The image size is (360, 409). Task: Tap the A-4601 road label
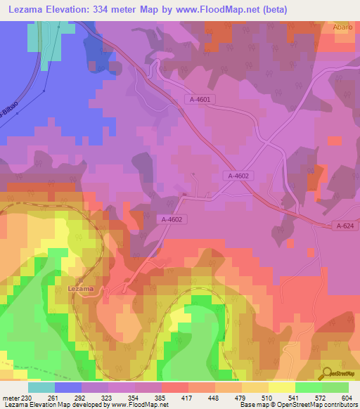200,100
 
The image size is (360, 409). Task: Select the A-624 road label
344,226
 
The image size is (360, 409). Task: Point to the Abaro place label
341,27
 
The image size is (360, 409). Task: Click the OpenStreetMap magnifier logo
326,373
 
